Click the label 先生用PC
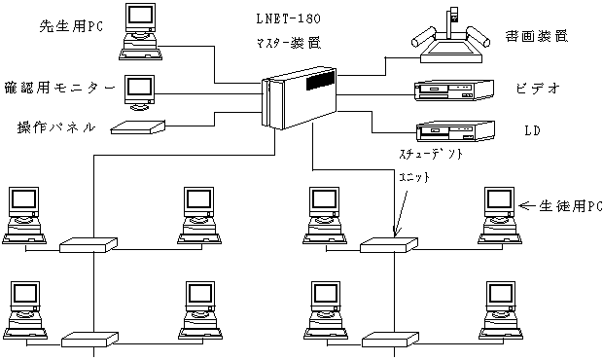(x=72, y=26)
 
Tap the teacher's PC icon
(x=140, y=32)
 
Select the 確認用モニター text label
(x=59, y=89)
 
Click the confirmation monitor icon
(x=139, y=92)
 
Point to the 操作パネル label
(x=56, y=126)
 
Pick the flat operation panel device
(x=138, y=126)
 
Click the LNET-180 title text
(x=289, y=18)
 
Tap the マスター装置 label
(x=289, y=43)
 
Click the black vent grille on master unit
(x=320, y=81)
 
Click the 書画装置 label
(x=537, y=36)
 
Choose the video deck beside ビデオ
(x=454, y=90)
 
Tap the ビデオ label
(x=538, y=89)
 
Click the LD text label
(x=533, y=130)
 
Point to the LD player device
(x=455, y=132)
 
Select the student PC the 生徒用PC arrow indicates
(x=500, y=216)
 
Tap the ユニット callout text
(x=414, y=177)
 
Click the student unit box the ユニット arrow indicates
(x=389, y=245)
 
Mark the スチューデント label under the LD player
(x=431, y=154)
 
